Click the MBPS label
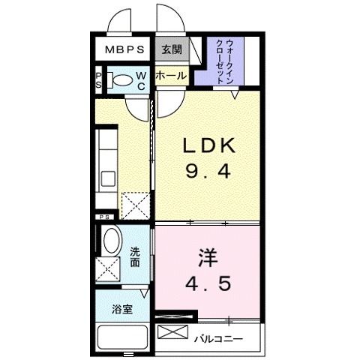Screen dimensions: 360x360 click(x=124, y=49)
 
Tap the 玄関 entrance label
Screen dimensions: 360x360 click(x=172, y=49)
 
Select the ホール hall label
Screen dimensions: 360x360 click(x=171, y=75)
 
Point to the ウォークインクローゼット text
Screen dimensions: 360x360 click(x=225, y=61)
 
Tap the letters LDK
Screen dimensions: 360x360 click(x=209, y=145)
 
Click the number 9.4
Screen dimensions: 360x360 click(x=208, y=172)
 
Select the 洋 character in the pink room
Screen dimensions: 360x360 click(x=208, y=258)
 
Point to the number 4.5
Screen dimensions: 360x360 click(x=208, y=283)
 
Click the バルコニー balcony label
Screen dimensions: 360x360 click(x=219, y=339)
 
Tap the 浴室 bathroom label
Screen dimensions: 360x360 click(x=122, y=310)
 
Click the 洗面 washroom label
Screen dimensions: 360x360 click(x=135, y=257)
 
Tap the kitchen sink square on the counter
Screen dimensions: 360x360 click(x=108, y=178)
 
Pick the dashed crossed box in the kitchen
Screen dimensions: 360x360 click(x=136, y=205)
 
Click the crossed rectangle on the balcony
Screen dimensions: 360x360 click(x=172, y=331)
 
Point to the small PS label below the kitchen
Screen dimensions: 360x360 click(x=105, y=217)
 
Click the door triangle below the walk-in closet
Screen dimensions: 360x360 click(x=235, y=94)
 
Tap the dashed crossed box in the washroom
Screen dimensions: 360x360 click(x=108, y=269)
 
